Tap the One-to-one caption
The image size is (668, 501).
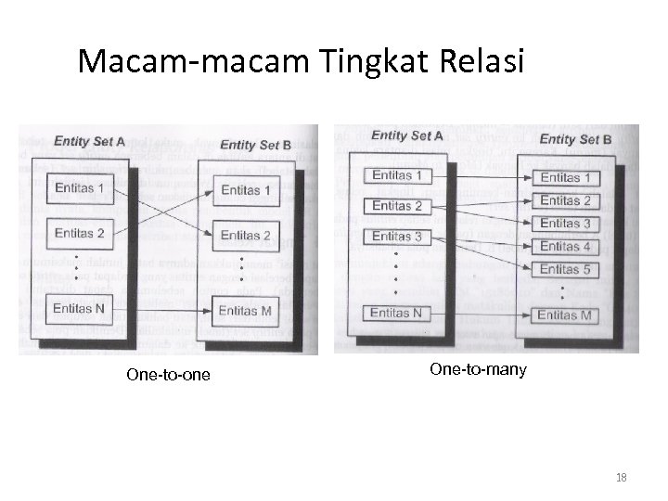168,375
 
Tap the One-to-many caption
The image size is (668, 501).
478,370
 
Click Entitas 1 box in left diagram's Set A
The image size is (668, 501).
79,188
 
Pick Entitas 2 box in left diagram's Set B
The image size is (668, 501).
245,236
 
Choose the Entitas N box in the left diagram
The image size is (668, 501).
79,308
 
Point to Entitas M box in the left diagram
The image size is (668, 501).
245,310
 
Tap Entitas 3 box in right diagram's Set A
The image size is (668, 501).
396,237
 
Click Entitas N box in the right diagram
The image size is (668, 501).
396,313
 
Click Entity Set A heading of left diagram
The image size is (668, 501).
90,142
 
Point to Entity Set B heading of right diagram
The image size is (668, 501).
575,139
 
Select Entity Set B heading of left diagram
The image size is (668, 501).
255,144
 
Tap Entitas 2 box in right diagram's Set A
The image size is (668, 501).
396,206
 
